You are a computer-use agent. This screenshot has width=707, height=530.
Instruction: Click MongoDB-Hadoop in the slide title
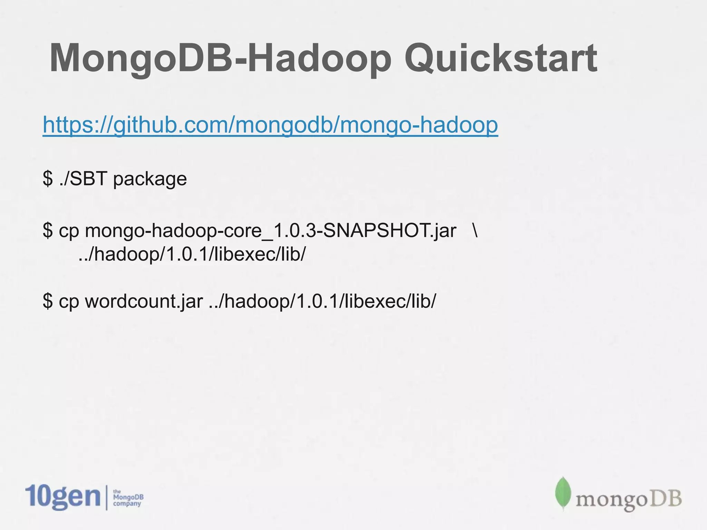click(x=221, y=59)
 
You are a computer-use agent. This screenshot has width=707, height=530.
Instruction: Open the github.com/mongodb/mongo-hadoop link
click(x=270, y=125)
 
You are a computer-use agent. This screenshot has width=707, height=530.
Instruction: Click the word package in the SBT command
click(x=150, y=179)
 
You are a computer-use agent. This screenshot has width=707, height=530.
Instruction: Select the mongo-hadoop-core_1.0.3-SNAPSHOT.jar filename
click(x=271, y=230)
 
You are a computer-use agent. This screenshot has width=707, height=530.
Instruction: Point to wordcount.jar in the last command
click(x=144, y=301)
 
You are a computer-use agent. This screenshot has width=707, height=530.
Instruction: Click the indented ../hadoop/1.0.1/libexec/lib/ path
click(x=192, y=255)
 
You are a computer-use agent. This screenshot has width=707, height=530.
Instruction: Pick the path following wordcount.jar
click(x=322, y=301)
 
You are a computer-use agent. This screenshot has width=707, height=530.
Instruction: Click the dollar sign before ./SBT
click(x=48, y=179)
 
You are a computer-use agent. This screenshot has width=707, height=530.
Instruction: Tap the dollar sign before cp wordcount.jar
click(x=48, y=301)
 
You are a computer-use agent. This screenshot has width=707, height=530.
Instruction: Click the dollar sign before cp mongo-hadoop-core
click(x=48, y=230)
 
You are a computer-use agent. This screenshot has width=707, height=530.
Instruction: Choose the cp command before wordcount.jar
click(x=69, y=302)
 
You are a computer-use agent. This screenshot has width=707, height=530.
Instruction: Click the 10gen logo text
click(x=63, y=497)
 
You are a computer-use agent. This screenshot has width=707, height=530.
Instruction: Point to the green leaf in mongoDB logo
click(x=563, y=493)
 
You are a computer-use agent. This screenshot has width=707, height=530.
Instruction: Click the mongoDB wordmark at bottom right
click(x=628, y=499)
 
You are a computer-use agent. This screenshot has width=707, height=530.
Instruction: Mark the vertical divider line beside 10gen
click(x=106, y=497)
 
